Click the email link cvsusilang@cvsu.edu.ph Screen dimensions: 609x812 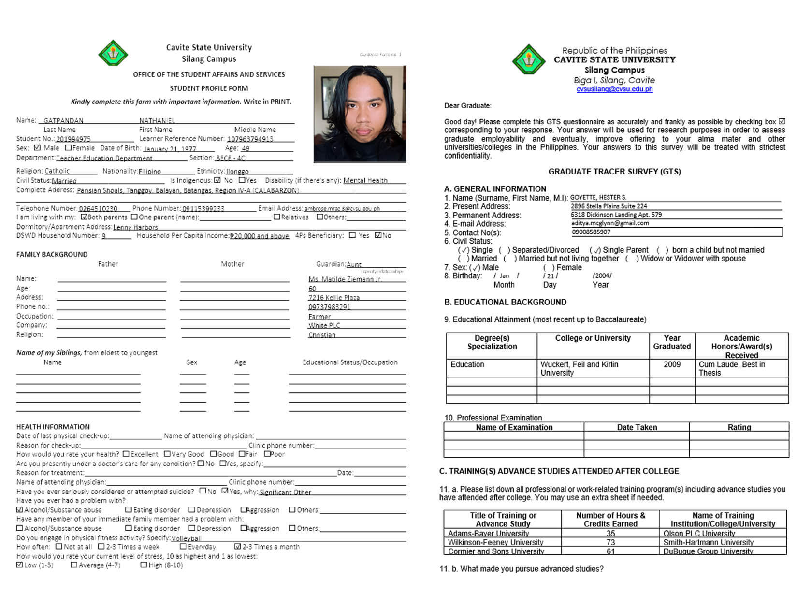click(x=614, y=89)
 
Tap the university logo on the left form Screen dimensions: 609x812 click(x=113, y=53)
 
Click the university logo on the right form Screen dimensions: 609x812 click(x=529, y=59)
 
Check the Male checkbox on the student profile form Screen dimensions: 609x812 click(x=38, y=148)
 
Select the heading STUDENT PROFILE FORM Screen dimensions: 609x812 click(x=209, y=88)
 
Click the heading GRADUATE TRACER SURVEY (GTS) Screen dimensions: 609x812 click(x=614, y=172)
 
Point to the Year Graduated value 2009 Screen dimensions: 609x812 click(x=672, y=364)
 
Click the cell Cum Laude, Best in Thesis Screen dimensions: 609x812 click(x=732, y=368)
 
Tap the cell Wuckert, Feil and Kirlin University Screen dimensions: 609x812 click(x=580, y=368)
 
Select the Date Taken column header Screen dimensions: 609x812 click(x=637, y=427)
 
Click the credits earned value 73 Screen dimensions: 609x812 click(x=610, y=542)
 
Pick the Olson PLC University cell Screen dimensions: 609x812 click(x=699, y=534)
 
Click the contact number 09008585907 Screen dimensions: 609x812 click(x=591, y=232)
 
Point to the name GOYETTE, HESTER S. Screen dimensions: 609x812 click(x=598, y=197)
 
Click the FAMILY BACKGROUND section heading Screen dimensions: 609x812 click(x=52, y=255)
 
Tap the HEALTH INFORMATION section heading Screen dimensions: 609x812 click(x=53, y=427)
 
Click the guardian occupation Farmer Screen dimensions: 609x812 click(x=319, y=317)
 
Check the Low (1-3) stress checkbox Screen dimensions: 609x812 click(x=20, y=565)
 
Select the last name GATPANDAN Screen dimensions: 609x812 click(x=63, y=121)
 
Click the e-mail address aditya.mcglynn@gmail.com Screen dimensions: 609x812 click(x=610, y=223)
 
